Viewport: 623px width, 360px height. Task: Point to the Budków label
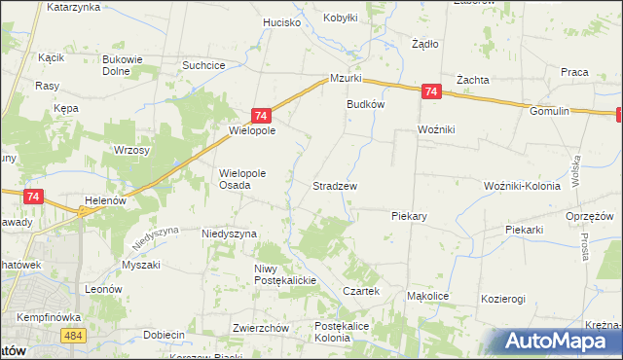click(367, 104)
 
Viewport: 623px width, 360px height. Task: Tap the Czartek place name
click(360, 291)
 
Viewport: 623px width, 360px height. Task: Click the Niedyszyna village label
click(229, 234)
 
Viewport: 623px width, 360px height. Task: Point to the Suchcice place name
click(204, 65)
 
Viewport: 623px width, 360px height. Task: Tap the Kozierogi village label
click(503, 299)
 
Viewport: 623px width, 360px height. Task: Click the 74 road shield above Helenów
click(33, 197)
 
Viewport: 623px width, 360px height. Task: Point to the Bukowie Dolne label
click(124, 64)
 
